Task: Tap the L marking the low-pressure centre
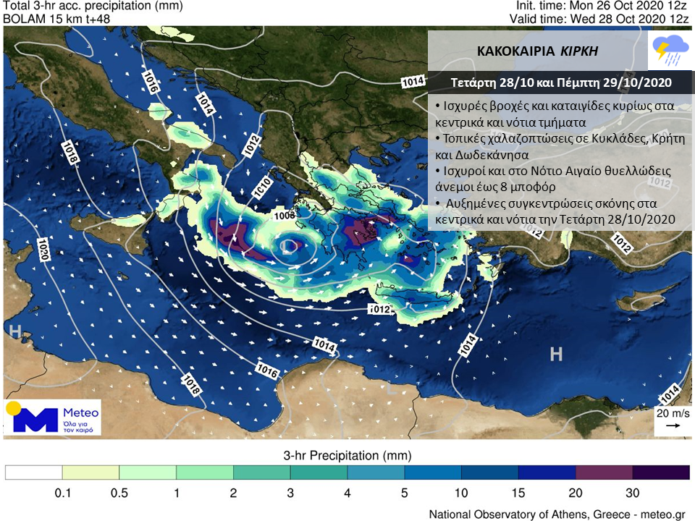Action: (x=287, y=247)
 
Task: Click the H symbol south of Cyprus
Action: (x=556, y=354)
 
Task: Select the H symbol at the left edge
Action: (x=14, y=331)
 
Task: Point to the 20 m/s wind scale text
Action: (x=672, y=413)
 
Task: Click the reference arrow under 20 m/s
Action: (x=673, y=426)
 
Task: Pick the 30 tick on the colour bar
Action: (x=632, y=494)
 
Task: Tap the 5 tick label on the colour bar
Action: (x=405, y=494)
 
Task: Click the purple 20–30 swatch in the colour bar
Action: (x=604, y=473)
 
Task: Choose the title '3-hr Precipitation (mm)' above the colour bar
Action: (x=347, y=456)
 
